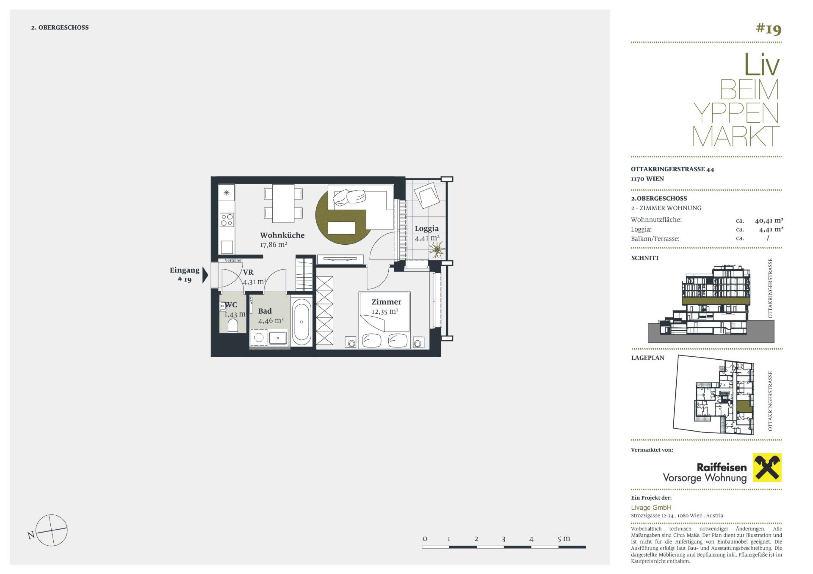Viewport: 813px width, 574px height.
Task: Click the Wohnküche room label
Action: click(x=282, y=235)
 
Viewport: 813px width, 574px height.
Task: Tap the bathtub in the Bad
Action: click(x=302, y=322)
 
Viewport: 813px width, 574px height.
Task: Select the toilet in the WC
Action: click(x=233, y=325)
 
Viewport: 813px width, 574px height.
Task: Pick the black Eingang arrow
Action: click(x=205, y=275)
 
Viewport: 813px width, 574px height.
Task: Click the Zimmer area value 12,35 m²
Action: click(x=385, y=311)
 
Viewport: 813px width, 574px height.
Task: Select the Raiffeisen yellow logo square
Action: click(x=767, y=468)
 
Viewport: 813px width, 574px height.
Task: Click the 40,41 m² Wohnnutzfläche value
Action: click(x=769, y=220)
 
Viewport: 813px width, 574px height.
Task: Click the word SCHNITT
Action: click(x=645, y=258)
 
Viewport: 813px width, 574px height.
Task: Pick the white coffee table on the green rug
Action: click(x=341, y=227)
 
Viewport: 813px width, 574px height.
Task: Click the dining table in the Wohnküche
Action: click(x=283, y=203)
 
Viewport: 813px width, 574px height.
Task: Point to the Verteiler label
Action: click(x=233, y=261)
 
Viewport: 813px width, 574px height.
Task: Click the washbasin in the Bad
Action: click(x=278, y=338)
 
